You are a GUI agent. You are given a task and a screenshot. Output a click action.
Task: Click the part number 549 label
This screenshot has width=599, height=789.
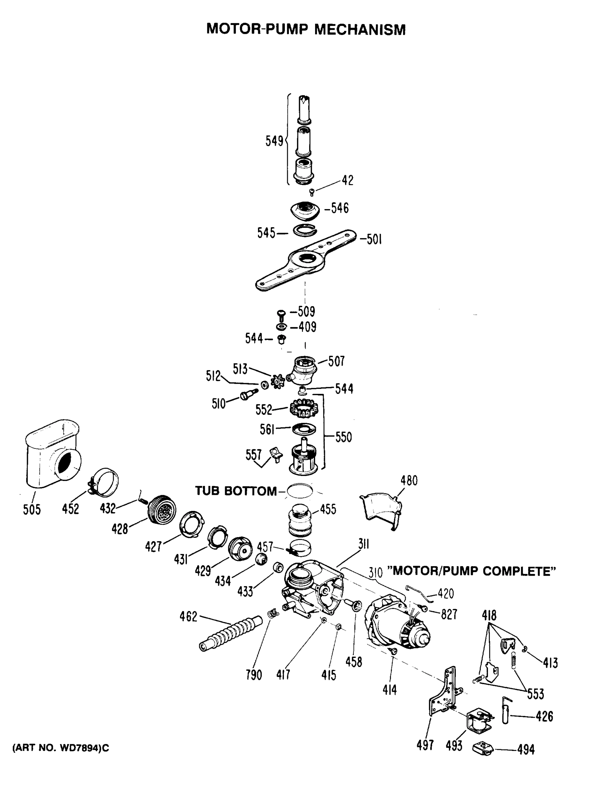coord(274,141)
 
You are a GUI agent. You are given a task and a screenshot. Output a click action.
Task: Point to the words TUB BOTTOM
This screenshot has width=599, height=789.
coord(236,491)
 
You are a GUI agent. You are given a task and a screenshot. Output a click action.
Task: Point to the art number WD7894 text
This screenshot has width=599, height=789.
coord(60,748)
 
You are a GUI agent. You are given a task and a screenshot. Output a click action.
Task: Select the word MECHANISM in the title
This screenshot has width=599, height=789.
coord(360,30)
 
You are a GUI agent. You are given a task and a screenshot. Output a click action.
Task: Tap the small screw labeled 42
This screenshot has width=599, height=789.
coord(311,193)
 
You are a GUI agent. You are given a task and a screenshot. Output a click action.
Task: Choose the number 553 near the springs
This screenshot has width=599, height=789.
coord(535,694)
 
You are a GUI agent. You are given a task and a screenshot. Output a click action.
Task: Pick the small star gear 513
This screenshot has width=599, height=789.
coord(277,382)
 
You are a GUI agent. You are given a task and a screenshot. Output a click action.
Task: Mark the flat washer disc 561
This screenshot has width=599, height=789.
coord(304,429)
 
